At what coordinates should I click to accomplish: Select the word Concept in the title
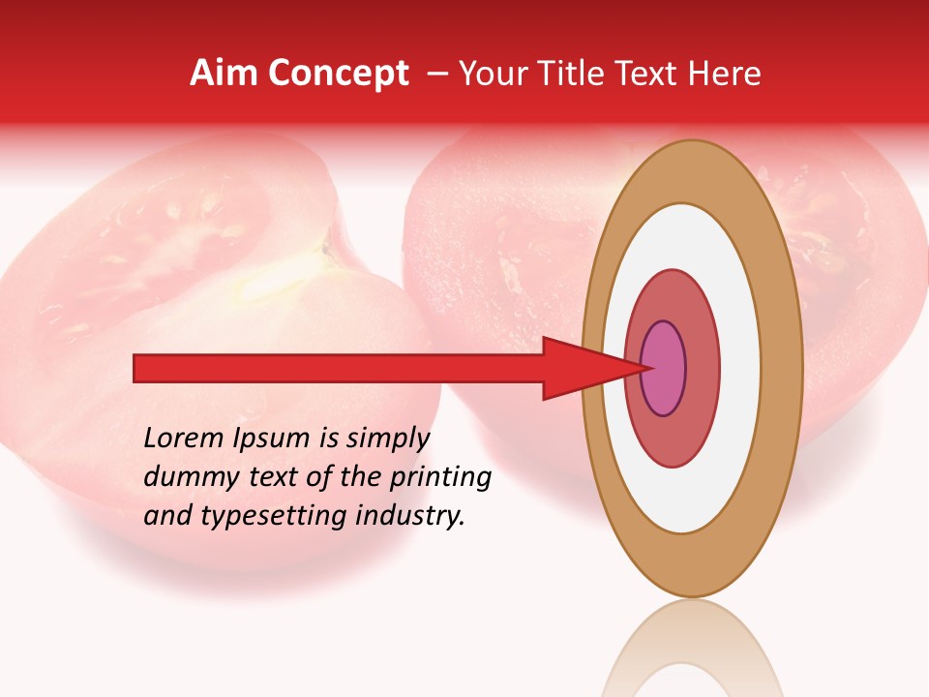(338, 74)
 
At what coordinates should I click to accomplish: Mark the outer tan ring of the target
(780, 368)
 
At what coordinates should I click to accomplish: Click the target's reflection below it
(692, 653)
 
